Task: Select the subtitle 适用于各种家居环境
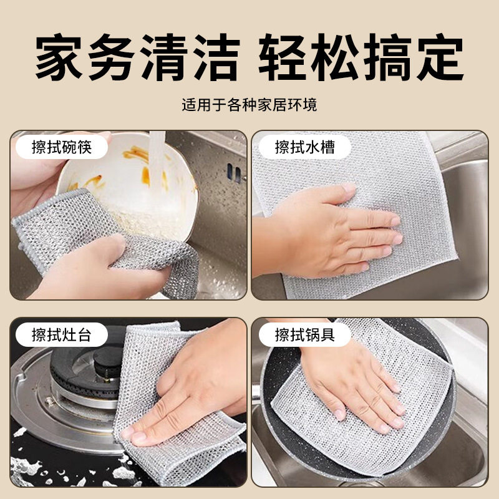(x=249, y=104)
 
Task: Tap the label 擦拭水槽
(x=305, y=148)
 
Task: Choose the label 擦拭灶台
(x=62, y=335)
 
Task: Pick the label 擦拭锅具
(x=305, y=335)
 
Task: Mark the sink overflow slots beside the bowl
(x=234, y=173)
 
